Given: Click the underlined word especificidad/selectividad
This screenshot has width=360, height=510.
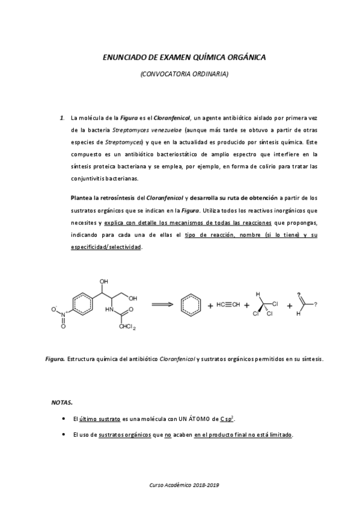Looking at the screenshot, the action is (x=106, y=247).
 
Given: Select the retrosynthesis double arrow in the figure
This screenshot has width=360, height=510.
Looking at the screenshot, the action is (x=162, y=304).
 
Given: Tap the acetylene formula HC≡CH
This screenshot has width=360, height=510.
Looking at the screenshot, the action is (x=229, y=305).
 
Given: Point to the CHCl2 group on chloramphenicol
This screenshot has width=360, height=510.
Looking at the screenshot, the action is (x=127, y=327).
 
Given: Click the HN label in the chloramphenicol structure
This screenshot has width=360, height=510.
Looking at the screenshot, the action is (x=109, y=310).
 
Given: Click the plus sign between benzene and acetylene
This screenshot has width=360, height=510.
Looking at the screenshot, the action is (x=210, y=306).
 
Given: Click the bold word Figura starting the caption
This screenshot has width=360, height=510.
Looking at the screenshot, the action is (x=55, y=359).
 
